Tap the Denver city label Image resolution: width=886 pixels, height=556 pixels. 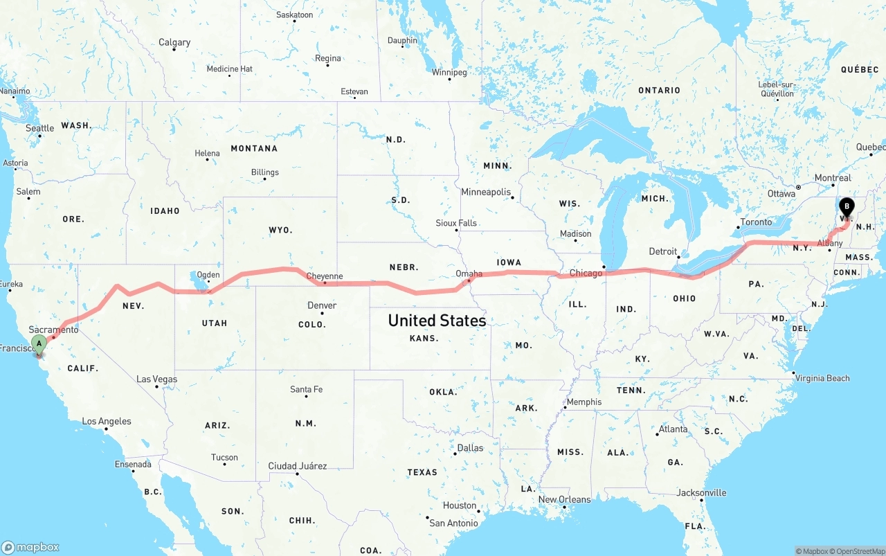322,305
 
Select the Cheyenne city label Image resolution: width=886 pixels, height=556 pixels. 325,276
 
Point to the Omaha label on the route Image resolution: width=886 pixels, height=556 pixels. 469,274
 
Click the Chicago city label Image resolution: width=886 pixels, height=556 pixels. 586,273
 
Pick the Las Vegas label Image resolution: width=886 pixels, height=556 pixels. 156,379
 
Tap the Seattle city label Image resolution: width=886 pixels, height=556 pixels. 39,128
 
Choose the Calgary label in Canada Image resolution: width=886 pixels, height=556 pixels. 174,42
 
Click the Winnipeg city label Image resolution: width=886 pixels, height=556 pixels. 449,72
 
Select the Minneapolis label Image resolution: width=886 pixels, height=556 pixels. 486,192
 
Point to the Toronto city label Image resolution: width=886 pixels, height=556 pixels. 756,222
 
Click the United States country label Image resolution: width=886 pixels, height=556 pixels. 437,321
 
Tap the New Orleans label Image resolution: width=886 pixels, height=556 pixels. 565,499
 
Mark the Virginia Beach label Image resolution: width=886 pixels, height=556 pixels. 822,378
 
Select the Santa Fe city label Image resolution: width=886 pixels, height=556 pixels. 306,390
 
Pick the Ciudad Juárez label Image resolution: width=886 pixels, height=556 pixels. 298,466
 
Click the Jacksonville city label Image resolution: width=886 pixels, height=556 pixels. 701,493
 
